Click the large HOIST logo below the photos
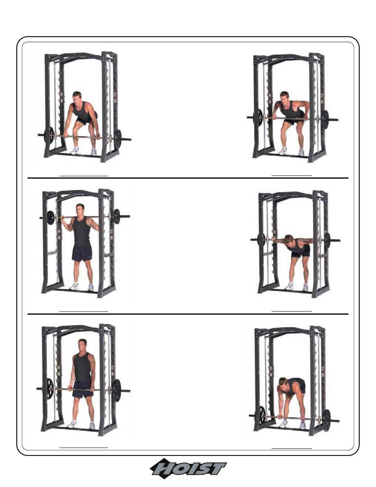pos(188,468)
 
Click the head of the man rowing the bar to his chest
pos(285,97)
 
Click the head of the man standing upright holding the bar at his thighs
pos(82,344)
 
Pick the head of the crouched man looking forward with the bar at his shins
pos(77,97)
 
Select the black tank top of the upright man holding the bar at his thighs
pos(82,368)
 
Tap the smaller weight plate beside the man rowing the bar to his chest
pos(260,117)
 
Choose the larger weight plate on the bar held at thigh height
pos(117,390)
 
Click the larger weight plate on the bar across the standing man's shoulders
pos(117,216)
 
